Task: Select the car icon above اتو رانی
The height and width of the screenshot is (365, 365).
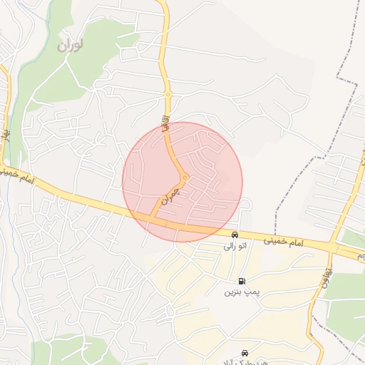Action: point(235,235)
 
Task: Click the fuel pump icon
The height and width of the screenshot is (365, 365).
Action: point(243,281)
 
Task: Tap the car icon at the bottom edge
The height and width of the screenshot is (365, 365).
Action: point(245,353)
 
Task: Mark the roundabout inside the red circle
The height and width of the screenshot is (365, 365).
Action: point(185,178)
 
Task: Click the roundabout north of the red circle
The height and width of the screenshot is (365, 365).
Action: point(168,94)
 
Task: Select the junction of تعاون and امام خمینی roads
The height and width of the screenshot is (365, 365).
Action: point(331,247)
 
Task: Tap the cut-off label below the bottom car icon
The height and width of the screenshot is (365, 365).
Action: point(245,362)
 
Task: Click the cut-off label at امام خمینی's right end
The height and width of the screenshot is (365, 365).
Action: point(360,255)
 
